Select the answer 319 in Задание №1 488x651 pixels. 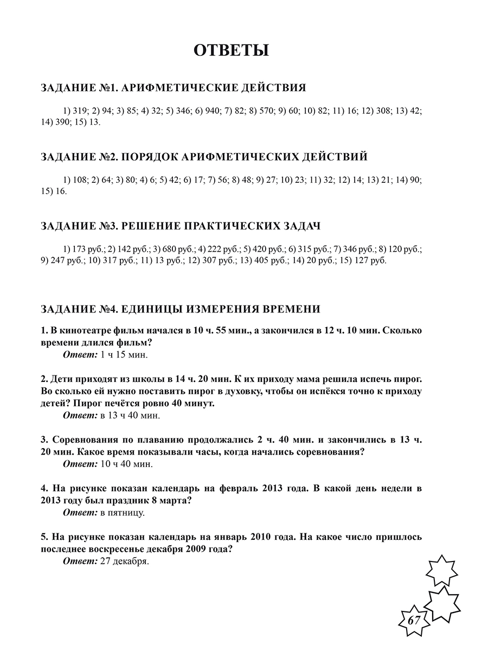[79, 111]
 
